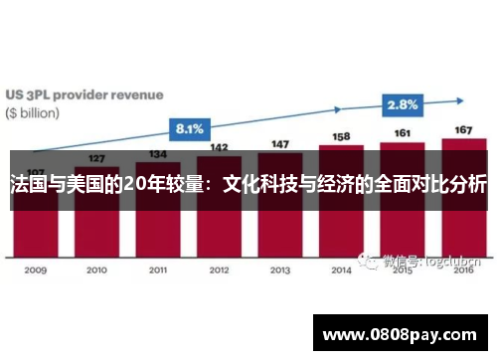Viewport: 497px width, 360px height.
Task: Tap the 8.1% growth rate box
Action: click(x=189, y=128)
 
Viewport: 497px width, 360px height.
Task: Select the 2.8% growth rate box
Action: click(x=403, y=103)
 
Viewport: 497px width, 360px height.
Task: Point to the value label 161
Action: click(x=403, y=133)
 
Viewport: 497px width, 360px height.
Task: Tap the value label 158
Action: click(x=341, y=136)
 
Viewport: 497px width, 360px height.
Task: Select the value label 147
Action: click(x=280, y=144)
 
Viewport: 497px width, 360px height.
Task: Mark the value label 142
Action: click(x=220, y=147)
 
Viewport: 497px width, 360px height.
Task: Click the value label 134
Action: click(x=157, y=154)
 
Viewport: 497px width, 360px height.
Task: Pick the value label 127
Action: click(x=96, y=159)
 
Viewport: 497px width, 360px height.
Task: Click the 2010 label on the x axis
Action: click(x=96, y=270)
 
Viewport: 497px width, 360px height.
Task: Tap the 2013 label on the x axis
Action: click(x=279, y=270)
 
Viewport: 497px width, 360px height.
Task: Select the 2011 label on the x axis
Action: click(x=157, y=270)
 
